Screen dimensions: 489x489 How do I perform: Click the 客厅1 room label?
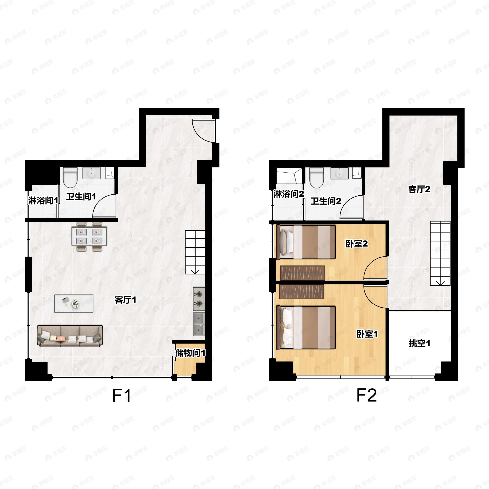tap(125, 300)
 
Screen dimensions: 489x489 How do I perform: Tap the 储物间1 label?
tap(190, 353)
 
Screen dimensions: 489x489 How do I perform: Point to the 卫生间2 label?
tap(326, 202)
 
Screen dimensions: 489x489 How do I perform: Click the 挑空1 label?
tap(419, 344)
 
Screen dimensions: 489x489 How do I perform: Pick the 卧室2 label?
tap(356, 244)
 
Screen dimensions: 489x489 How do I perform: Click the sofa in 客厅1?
tap(70, 336)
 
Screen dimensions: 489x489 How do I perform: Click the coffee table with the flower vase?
tap(74, 303)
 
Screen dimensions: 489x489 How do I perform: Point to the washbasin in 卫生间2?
tap(339, 174)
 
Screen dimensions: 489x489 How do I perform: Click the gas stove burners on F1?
tap(199, 298)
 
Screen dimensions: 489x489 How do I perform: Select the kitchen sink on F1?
tap(199, 324)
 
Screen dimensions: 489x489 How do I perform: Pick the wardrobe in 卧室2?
tap(302, 273)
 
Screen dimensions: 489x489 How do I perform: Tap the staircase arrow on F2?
tap(440, 282)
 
